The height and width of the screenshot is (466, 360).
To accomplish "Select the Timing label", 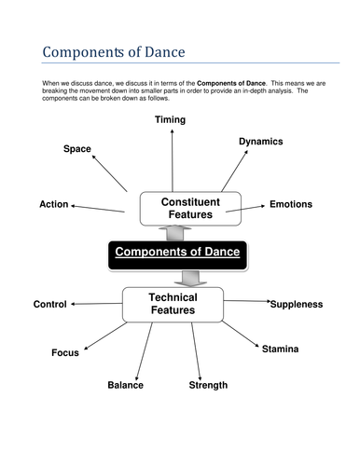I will pos(170,119).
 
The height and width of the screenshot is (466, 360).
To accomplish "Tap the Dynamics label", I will pos(260,141).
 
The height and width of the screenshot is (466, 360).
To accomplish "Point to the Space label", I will pos(76,149).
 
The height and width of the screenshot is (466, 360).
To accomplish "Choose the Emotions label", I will pos(291,204).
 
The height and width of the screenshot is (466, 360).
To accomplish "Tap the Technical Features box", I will pos(173,303).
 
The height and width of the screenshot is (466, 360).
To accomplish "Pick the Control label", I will pos(49,304).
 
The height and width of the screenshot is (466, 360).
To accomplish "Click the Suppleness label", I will pos(296,304).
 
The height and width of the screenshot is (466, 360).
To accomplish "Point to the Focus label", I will pos(65,353).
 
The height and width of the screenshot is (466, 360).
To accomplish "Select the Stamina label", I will pos(280,349).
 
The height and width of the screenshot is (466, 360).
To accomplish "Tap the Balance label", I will pos(125,385).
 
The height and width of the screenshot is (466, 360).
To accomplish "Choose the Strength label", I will pos(207,385).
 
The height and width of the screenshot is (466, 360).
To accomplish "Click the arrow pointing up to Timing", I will pos(171,158).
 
